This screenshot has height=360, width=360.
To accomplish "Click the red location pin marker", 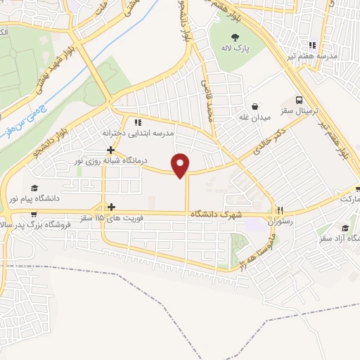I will [181, 164].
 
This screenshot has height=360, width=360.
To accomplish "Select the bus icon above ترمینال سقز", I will [300, 100].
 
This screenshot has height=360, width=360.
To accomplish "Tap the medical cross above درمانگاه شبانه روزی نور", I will [110, 149].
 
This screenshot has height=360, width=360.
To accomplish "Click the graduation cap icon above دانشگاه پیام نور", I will [34, 188].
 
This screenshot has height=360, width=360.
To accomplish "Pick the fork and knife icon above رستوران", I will [280, 210].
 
